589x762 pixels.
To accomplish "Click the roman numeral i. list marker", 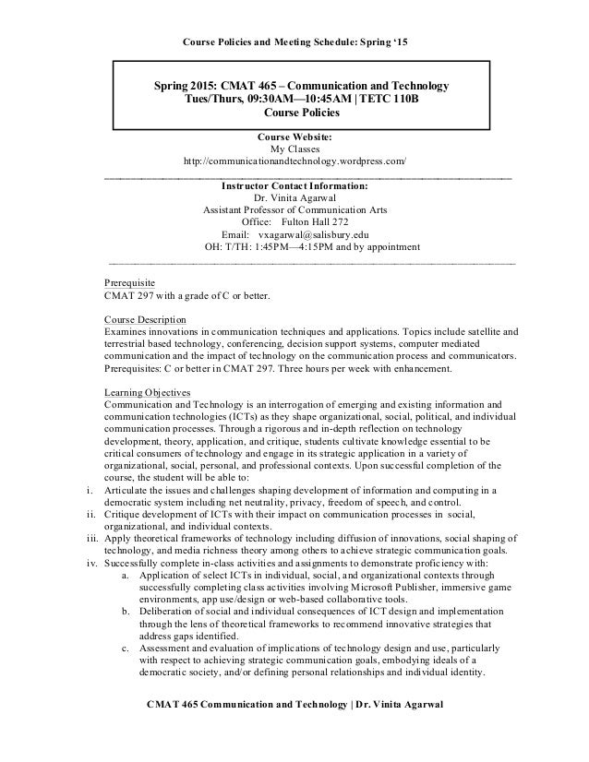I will (90, 489).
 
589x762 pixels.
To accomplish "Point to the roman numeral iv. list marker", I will (89, 562).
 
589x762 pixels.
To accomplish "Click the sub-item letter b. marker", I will (126, 611).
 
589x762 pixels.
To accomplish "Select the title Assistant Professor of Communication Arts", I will (295, 209).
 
